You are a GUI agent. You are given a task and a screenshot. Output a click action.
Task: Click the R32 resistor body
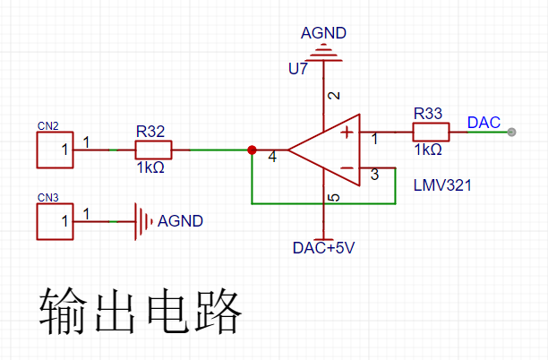pos(153,150)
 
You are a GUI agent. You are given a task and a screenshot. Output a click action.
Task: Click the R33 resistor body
pos(431,132)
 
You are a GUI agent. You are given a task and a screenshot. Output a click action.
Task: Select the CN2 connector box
pos(55,150)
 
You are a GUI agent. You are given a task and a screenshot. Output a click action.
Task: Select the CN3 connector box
pos(55,221)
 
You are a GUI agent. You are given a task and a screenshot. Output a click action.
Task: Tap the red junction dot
pos(252,150)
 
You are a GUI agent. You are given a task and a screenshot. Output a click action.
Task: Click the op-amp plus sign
pos(347,133)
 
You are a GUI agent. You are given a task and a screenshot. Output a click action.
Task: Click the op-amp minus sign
pos(347,168)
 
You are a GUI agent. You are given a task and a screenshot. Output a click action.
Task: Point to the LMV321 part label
pos(442,185)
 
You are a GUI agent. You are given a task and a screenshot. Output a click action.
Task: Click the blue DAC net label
pos(484,123)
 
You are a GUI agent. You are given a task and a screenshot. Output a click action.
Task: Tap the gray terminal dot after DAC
pos(511,133)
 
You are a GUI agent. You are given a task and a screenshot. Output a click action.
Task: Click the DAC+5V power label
pos(323,248)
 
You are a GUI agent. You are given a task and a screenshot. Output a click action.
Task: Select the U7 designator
pos(298,69)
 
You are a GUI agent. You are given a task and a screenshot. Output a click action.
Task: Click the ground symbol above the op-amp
pos(323,53)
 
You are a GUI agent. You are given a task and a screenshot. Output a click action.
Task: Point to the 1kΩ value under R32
pos(150,168)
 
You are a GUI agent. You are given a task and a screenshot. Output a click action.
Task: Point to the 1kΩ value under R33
pos(428,150)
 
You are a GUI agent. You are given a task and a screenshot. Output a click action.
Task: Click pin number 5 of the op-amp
pos(335,198)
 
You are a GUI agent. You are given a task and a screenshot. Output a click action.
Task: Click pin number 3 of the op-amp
pos(374,175)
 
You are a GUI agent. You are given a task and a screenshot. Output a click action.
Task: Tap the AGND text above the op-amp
pos(323,33)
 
